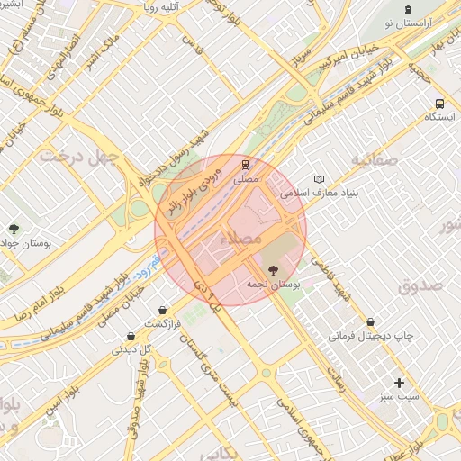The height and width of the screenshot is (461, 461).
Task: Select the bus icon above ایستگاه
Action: tap(438, 104)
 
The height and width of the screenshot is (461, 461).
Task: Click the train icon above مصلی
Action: tap(245, 165)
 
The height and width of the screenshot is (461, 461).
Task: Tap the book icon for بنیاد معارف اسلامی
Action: tap(318, 178)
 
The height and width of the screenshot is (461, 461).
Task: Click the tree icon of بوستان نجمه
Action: tap(272, 268)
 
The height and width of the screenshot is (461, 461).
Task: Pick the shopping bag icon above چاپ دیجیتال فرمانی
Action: tap(371, 321)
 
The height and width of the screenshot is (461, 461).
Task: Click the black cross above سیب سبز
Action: tap(399, 383)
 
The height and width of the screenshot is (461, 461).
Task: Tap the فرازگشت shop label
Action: tap(162, 323)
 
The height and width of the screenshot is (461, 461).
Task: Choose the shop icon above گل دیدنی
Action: tap(131, 337)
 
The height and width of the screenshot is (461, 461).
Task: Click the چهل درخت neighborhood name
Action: tap(79, 156)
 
